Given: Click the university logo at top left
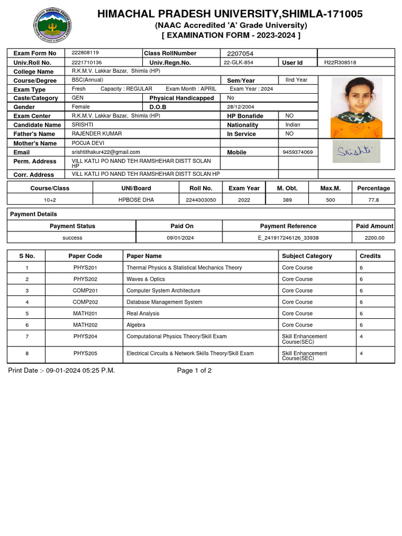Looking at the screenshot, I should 52,26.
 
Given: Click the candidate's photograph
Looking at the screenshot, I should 356,107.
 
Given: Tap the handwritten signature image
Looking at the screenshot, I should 356,151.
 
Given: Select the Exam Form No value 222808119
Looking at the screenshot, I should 85,53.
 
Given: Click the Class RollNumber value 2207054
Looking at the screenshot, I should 240,53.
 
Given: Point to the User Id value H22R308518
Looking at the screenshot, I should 340,62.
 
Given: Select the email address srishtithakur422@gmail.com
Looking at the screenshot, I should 106,152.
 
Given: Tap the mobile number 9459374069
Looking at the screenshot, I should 297,152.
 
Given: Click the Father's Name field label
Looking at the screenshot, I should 35,134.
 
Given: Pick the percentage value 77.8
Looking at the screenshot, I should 373,199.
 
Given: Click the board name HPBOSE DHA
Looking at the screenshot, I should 136,199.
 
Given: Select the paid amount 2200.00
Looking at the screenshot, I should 374,238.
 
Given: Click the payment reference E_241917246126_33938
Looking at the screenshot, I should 288,238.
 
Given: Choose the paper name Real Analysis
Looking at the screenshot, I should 143,314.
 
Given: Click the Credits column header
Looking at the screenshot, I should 370,256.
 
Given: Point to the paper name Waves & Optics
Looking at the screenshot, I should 146,279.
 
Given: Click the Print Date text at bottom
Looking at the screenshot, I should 61,371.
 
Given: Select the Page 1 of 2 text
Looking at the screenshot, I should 194,371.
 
